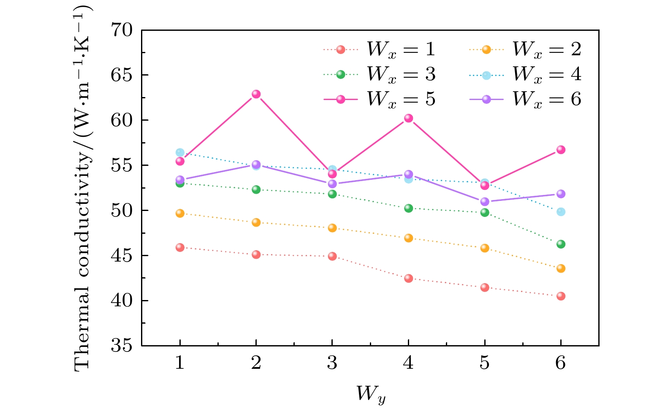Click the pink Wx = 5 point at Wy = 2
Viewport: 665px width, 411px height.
[256, 94]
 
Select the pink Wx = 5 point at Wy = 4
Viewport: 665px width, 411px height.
[408, 118]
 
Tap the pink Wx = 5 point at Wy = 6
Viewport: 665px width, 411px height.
[561, 150]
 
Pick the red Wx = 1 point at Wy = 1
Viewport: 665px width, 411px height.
[180, 247]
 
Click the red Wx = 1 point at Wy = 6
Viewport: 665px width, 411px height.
[561, 296]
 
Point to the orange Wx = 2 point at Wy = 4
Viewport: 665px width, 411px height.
[408, 238]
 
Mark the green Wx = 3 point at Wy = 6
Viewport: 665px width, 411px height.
[561, 244]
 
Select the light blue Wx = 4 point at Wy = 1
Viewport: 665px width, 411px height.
[180, 152]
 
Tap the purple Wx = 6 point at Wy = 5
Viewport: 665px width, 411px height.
[485, 202]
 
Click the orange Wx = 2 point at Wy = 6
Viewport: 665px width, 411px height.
[561, 268]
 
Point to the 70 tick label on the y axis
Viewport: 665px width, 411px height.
[122, 30]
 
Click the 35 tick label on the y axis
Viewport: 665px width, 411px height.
[122, 346]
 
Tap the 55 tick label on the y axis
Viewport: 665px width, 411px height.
[122, 165]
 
